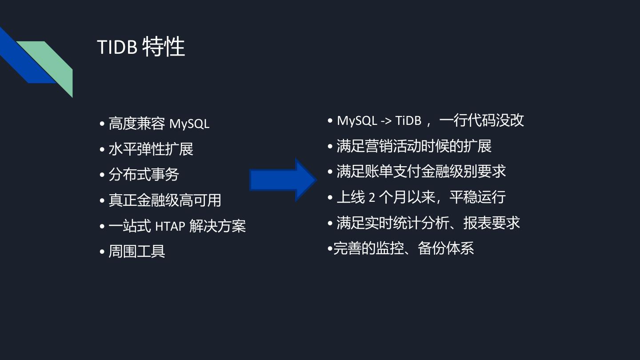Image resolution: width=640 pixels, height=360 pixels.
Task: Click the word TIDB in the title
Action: (x=117, y=47)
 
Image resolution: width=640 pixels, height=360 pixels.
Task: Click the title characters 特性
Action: (x=163, y=47)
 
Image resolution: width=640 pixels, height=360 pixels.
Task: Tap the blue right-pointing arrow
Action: (x=283, y=180)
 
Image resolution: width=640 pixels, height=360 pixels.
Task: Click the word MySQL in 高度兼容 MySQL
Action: (x=189, y=124)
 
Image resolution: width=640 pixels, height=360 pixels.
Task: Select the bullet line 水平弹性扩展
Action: (x=151, y=149)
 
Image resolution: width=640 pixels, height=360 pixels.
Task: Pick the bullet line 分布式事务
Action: (x=144, y=174)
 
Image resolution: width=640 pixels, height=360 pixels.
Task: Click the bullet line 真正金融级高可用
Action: (x=165, y=200)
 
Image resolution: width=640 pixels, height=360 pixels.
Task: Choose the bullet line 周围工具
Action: (x=137, y=251)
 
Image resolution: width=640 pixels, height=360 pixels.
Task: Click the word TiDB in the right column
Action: (x=408, y=120)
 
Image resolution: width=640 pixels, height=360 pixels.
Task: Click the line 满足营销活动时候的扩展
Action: (x=414, y=146)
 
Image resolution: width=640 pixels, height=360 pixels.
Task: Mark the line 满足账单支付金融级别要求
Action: (x=421, y=172)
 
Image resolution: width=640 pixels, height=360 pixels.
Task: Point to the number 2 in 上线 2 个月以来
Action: (x=372, y=197)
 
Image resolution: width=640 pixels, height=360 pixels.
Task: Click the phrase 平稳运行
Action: (x=477, y=197)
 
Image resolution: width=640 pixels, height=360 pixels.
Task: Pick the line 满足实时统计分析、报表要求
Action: (x=428, y=223)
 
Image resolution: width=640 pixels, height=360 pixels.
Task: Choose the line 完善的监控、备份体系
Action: (x=403, y=248)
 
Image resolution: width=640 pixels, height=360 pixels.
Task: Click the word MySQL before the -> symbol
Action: (x=357, y=120)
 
